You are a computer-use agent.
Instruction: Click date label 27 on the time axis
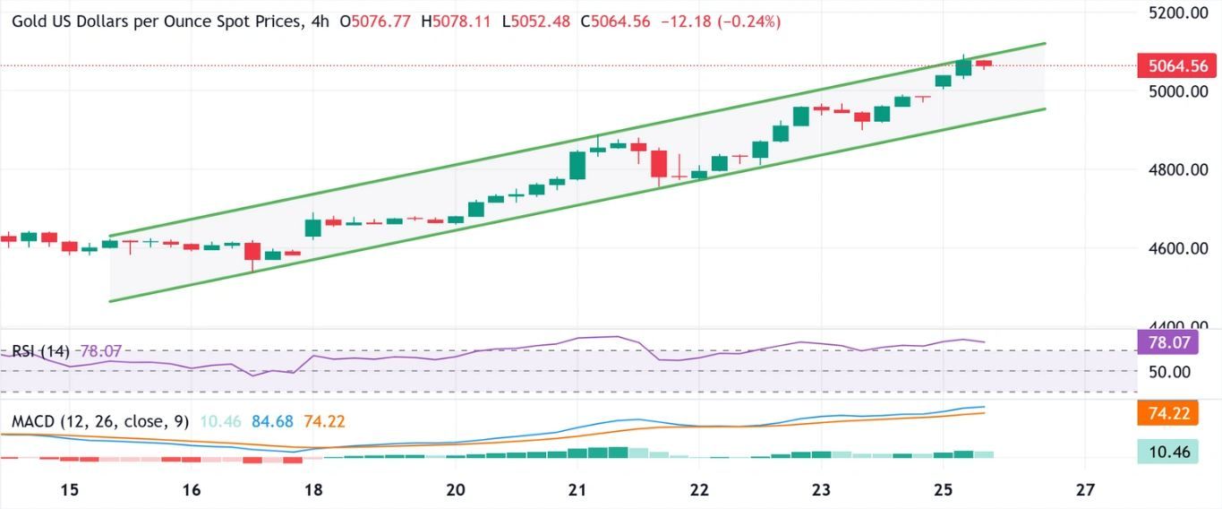tap(1085, 490)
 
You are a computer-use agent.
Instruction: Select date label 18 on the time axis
tap(313, 490)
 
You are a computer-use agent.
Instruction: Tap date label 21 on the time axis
tap(577, 490)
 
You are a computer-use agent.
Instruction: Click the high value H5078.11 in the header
tap(460, 22)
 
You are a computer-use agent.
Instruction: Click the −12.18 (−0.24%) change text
tap(720, 22)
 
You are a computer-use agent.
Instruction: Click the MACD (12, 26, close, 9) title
tap(100, 421)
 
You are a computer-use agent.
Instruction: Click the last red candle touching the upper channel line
tap(983, 64)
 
